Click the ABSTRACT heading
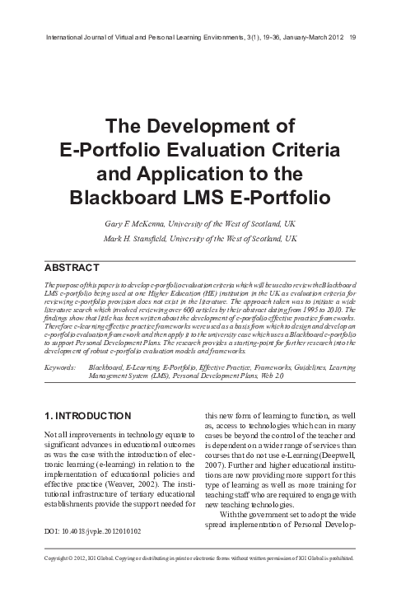tap(70, 267)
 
